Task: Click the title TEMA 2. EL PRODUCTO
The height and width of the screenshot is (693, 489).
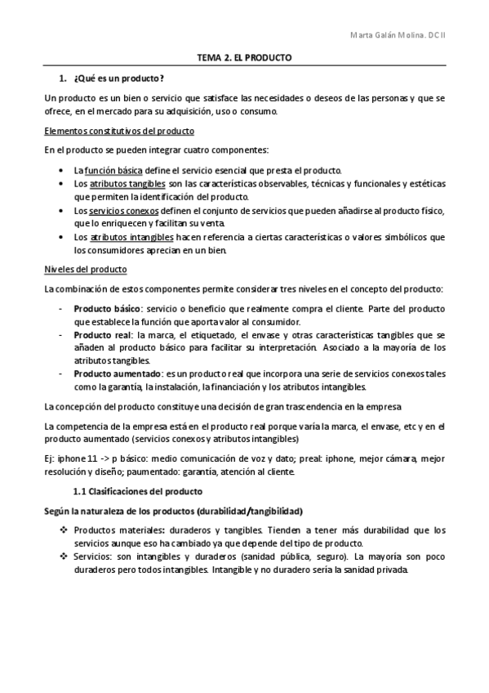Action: [244, 59]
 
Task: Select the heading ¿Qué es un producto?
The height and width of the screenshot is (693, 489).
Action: [118, 78]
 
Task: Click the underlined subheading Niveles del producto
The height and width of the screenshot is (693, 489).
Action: [85, 269]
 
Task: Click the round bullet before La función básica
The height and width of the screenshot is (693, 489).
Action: [63, 170]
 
